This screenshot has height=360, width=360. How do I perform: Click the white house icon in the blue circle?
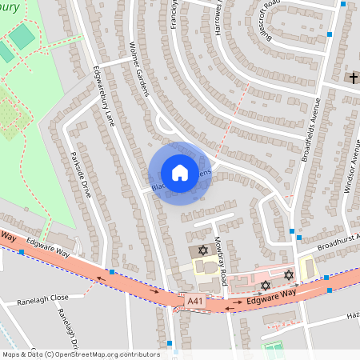[x=180, y=173]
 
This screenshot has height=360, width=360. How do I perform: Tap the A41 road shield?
[x=195, y=300]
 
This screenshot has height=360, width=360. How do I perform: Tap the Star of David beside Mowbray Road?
[x=202, y=251]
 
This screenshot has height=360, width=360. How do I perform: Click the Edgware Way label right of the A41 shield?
[x=266, y=299]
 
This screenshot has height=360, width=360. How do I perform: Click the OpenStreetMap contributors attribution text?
[x=81, y=354]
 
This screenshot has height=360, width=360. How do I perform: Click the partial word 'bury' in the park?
[x=11, y=7]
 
